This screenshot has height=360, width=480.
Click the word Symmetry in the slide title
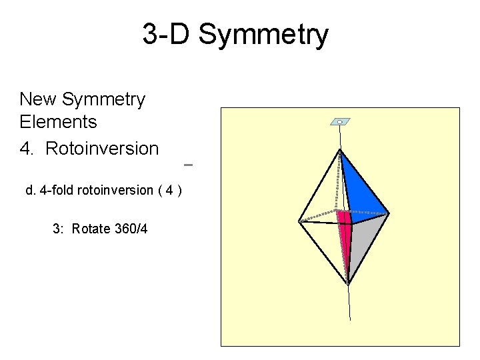point(263,35)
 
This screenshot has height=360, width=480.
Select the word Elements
point(59,122)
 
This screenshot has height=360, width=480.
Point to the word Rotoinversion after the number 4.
point(102,149)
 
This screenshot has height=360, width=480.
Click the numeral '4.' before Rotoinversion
point(27,149)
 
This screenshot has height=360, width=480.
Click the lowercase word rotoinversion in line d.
point(115,191)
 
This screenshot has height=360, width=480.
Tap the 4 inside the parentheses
point(171,191)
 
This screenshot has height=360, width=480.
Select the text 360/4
point(131,229)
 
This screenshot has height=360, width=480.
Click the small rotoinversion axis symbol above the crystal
point(340,122)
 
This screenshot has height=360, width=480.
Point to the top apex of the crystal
point(340,150)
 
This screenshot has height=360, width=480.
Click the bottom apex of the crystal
point(348,284)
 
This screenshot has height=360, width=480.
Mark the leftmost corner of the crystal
point(299,221)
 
